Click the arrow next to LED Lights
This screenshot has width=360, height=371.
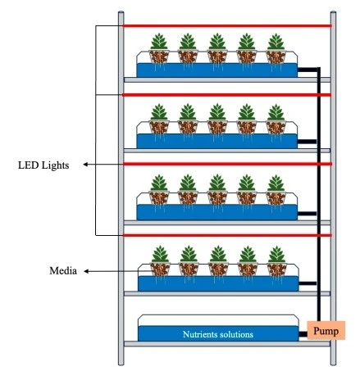coord(98,165)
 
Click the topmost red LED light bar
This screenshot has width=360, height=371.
coord(226,25)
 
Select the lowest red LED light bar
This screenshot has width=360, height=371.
coord(226,236)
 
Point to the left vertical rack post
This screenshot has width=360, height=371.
coord(121,188)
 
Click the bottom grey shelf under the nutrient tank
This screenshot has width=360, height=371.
coord(226,345)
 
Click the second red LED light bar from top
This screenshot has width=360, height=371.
coord(226,95)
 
